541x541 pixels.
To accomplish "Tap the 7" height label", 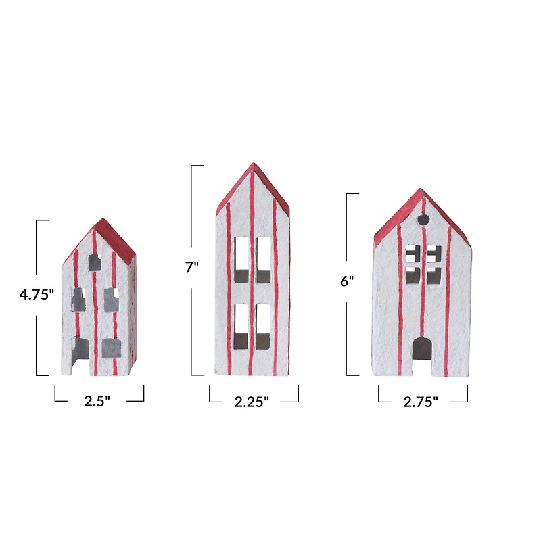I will pos(192,267).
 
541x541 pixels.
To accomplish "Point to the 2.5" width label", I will pos(97,400).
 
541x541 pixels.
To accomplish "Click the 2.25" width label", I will pos(252,402).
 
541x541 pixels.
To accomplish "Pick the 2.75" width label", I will pos(421,402).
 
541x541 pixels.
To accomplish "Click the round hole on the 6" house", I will pos(424,220).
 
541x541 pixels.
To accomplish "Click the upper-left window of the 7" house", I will pos(241,259).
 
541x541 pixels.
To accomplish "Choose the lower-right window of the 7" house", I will pos(263,326).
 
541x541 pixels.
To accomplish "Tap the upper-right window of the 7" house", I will pos(263,259).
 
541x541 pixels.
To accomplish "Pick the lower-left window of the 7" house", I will pos(241,326).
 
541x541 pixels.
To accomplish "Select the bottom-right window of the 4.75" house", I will pos(112,348).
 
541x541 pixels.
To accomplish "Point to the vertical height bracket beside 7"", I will pos(193,270).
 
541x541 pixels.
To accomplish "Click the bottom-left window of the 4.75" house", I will pos(80,349).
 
